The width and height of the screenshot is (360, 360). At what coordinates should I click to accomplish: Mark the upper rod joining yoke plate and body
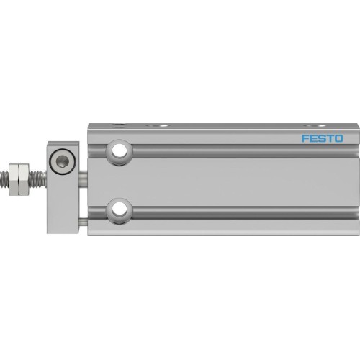(x=84, y=175)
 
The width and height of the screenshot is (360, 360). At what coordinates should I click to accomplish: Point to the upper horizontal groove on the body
(x=238, y=152)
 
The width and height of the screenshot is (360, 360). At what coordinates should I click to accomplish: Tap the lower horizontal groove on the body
(x=238, y=211)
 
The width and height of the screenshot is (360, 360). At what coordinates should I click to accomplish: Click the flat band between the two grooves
(x=238, y=181)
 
